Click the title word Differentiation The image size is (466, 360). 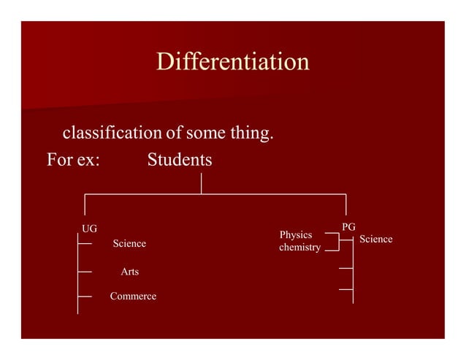[232, 61]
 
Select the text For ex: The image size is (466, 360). [73, 159]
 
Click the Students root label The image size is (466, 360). [180, 159]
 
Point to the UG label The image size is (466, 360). [89, 229]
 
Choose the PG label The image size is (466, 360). [348, 227]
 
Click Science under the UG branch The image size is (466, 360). [129, 243]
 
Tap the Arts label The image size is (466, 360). [129, 272]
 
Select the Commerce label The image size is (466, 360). [132, 296]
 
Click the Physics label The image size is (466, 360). [296, 234]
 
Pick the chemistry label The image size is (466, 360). [299, 248]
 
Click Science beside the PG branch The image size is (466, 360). [376, 239]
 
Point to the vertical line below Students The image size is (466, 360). [201, 183]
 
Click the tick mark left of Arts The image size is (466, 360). [85, 272]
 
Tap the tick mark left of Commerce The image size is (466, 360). [85, 296]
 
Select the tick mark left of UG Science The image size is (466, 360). [85, 244]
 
